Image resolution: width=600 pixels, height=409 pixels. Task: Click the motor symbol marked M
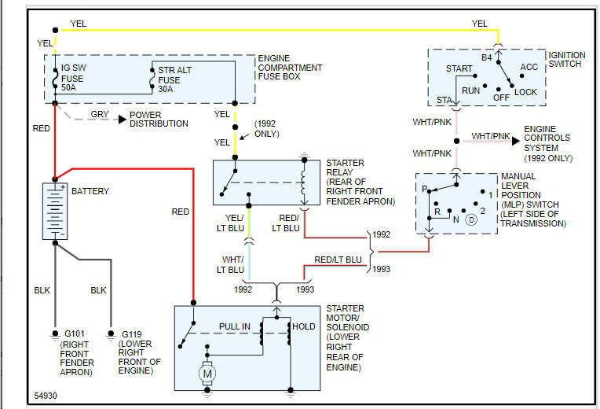tap(207, 374)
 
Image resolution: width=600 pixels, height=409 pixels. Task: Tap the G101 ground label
tap(73, 333)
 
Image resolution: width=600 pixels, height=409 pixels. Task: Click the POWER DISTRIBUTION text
tap(159, 119)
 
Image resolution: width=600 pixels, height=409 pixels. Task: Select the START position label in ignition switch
tap(459, 69)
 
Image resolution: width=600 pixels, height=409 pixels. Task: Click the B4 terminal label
tap(486, 57)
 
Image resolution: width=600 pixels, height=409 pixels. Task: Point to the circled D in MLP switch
tap(470, 219)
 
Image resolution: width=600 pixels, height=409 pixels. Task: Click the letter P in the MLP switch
tap(424, 190)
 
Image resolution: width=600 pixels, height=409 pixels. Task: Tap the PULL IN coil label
tap(235, 326)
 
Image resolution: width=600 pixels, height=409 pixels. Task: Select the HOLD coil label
tap(303, 326)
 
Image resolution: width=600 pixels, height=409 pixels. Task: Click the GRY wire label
tap(100, 114)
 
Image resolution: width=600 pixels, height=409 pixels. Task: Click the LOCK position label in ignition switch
tap(525, 91)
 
